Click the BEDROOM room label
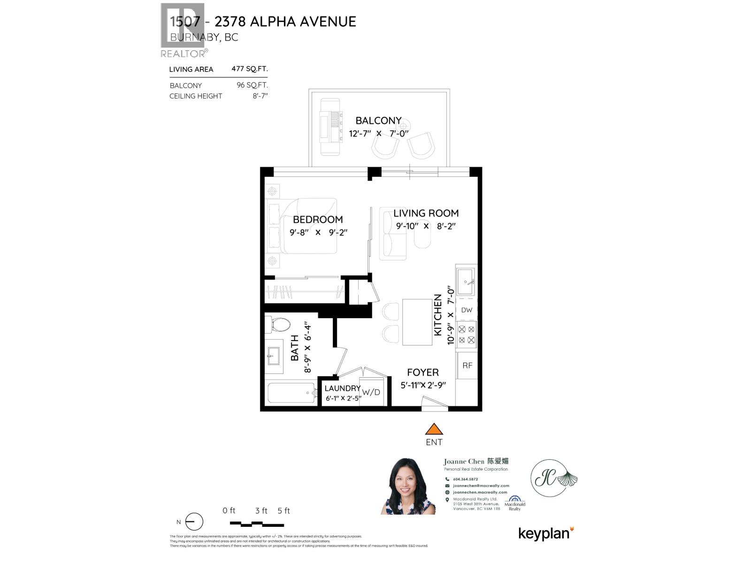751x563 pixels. click(318, 220)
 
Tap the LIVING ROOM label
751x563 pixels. click(426, 213)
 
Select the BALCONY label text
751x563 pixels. click(378, 121)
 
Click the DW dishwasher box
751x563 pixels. click(467, 310)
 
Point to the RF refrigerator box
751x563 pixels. click(467, 365)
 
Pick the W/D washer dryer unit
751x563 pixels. click(371, 392)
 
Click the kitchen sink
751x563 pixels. click(466, 281)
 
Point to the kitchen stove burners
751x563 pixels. click(467, 335)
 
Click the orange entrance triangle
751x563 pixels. click(434, 429)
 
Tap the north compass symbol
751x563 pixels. click(194, 522)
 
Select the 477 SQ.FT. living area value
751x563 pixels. click(250, 69)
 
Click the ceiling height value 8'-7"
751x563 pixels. click(260, 96)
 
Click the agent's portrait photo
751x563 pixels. click(408, 486)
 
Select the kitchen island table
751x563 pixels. click(417, 322)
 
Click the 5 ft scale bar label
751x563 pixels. click(284, 511)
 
